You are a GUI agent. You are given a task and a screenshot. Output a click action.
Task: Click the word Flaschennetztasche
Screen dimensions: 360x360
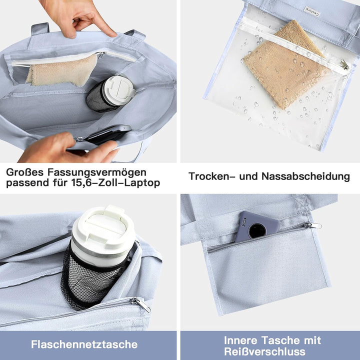(84, 344)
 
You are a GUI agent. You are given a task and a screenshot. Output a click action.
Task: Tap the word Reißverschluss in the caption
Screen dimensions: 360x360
(272, 351)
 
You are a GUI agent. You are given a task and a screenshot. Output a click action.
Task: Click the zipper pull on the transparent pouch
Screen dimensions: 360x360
(344, 64)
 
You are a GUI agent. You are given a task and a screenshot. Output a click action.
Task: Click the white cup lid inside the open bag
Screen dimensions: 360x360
(118, 90)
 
